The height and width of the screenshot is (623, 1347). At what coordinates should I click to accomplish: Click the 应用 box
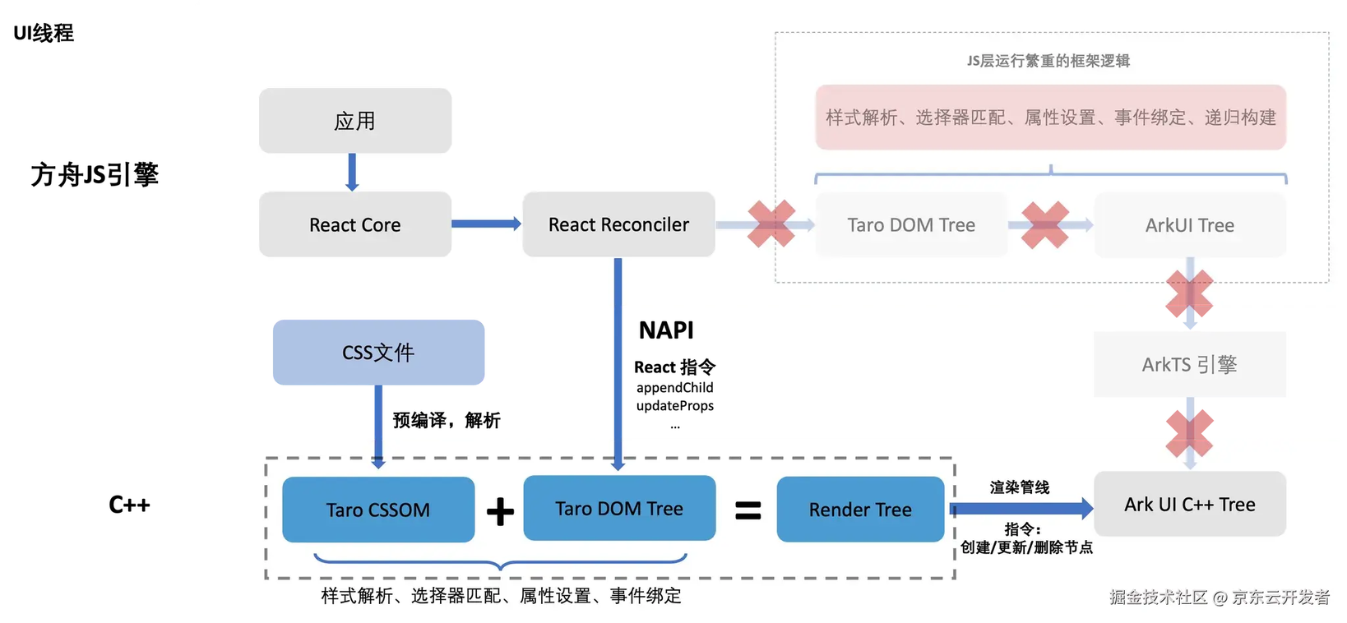click(354, 121)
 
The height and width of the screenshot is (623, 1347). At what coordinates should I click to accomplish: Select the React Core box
click(354, 224)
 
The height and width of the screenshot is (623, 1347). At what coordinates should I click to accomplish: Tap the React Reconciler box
click(618, 224)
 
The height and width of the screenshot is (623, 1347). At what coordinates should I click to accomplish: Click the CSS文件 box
click(379, 352)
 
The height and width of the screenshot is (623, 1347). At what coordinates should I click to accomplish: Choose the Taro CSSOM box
click(378, 510)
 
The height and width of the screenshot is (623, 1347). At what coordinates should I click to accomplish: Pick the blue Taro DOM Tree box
click(619, 508)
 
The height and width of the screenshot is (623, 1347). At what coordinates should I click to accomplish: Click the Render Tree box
click(860, 510)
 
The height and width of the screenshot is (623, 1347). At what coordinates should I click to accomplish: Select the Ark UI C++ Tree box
click(1190, 504)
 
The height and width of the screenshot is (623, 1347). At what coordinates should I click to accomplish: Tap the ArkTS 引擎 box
click(1190, 364)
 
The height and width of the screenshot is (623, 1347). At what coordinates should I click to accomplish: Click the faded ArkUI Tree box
click(1190, 224)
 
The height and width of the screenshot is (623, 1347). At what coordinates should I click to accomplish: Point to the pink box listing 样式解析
click(1050, 118)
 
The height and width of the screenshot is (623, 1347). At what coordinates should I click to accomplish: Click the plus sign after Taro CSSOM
click(500, 511)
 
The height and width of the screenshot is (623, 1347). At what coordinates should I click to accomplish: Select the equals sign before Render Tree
click(748, 510)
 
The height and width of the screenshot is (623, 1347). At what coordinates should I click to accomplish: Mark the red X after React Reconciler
click(771, 224)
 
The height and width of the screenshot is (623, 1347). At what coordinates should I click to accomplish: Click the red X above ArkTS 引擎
click(1189, 293)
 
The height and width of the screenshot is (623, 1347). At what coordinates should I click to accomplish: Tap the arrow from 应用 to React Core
click(353, 173)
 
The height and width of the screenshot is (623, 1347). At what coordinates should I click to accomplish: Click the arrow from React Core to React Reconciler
click(487, 224)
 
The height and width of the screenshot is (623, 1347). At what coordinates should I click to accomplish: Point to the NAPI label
click(666, 330)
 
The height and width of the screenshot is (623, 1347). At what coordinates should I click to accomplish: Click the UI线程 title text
click(44, 33)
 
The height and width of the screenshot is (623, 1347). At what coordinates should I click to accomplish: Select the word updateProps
click(674, 405)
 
